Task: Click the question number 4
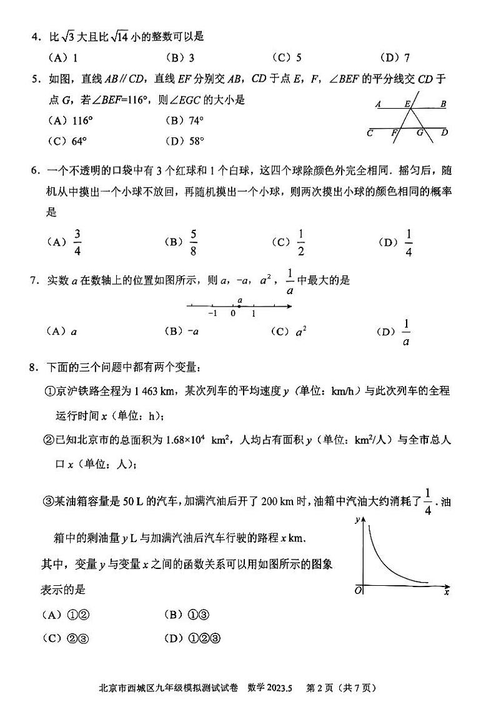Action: point(35,37)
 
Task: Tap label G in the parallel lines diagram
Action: point(420,132)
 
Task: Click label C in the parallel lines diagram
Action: point(370,132)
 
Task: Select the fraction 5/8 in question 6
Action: point(194,242)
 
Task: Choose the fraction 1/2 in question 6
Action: point(300,242)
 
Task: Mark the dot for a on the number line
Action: point(240,306)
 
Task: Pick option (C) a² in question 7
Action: point(300,332)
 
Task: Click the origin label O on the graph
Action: point(358,590)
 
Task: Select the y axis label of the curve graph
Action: point(356,520)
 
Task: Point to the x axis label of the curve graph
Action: point(446,591)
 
